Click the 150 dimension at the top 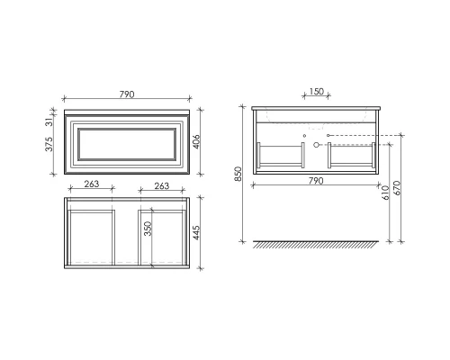click(x=317, y=91)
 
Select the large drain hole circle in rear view click(x=317, y=146)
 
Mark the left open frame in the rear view click(x=281, y=155)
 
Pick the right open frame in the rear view click(x=354, y=155)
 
